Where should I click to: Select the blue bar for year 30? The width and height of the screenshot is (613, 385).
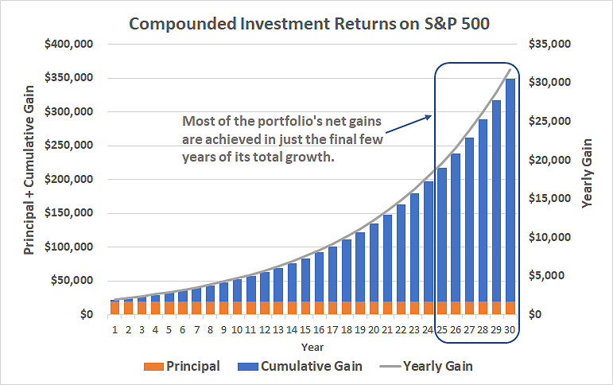(510, 190)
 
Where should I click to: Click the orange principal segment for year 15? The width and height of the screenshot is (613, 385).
(306, 308)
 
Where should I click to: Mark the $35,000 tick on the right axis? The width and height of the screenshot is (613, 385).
(549, 45)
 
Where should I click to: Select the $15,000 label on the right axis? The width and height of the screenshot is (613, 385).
(549, 199)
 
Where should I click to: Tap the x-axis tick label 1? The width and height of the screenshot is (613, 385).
(115, 329)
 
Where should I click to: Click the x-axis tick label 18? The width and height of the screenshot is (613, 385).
(347, 329)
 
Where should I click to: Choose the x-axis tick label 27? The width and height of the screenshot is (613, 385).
(469, 329)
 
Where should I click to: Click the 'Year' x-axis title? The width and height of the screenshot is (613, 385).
(312, 348)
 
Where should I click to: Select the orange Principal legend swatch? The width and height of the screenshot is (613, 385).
(153, 367)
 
